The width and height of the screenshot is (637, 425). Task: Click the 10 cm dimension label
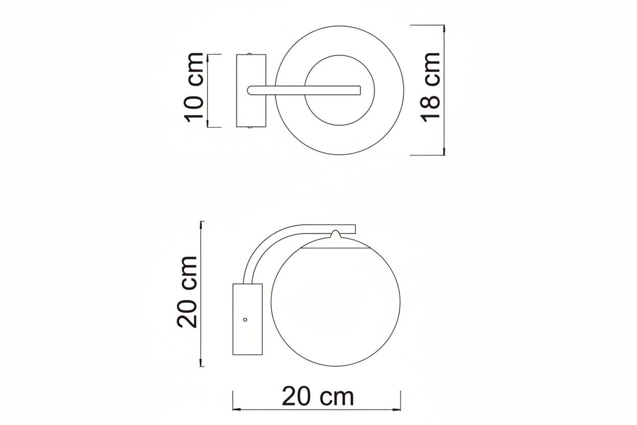coord(194,87)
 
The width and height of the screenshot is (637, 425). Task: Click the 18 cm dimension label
coord(430,87)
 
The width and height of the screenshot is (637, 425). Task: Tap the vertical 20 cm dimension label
coord(187,292)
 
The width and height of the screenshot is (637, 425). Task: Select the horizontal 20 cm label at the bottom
coord(317,396)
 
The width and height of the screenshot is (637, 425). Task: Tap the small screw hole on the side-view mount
coord(245,320)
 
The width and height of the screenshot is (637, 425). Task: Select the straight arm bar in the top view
coord(304,90)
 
